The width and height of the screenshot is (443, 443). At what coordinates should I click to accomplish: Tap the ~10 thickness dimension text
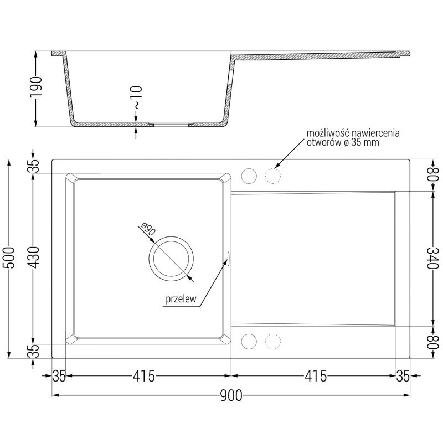tap(137, 97)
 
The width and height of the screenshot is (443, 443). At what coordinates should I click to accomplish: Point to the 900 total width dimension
tap(231, 395)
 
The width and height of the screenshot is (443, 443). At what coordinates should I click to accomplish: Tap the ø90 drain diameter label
tap(146, 230)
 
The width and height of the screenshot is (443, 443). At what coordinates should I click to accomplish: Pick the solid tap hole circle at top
tap(249, 175)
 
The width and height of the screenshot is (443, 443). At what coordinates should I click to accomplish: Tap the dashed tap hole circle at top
tap(272, 175)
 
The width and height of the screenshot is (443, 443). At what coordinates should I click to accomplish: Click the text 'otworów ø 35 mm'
tap(343, 142)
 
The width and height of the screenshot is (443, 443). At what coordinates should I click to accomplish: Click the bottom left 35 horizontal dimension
tap(59, 377)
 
